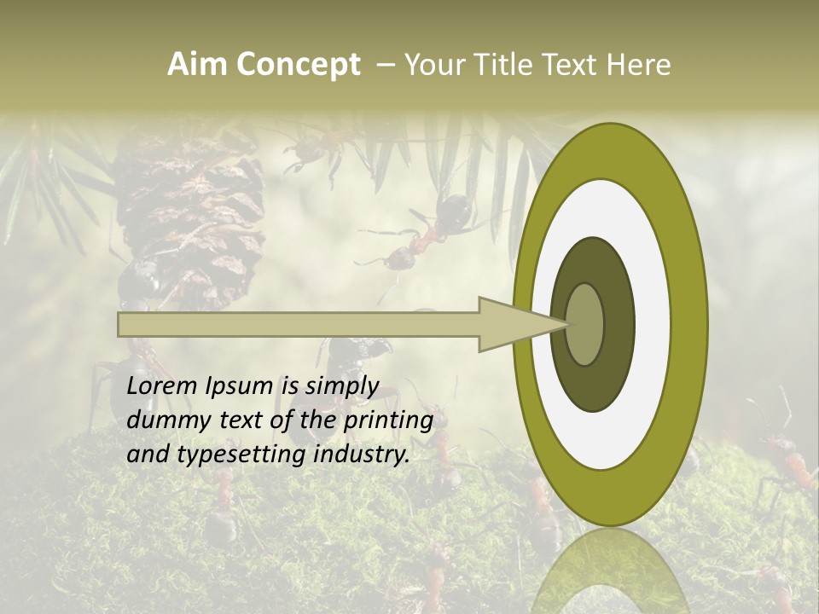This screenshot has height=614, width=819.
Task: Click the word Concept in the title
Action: pyautogui.click(x=299, y=65)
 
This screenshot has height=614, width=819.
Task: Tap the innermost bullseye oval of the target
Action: pyautogui.click(x=585, y=324)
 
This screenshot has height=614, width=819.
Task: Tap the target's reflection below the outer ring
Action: pyautogui.click(x=610, y=571)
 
